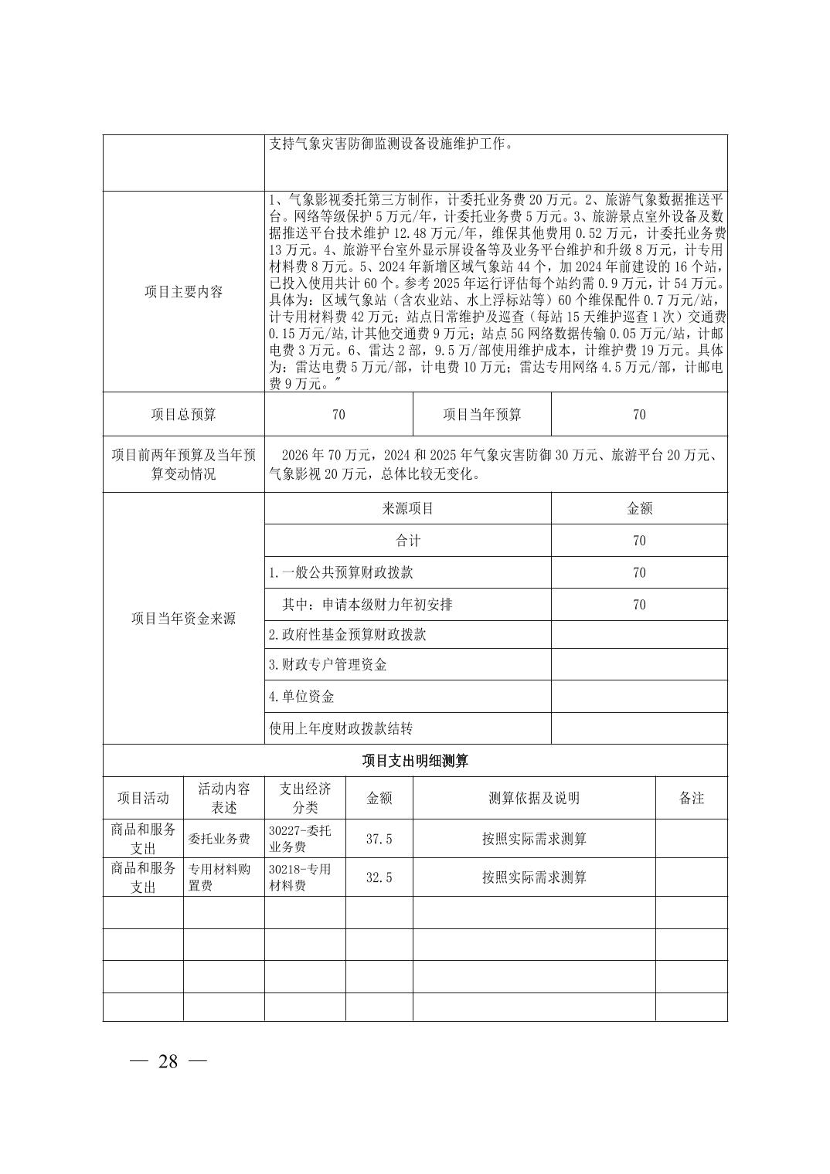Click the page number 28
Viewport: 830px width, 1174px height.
(168, 1061)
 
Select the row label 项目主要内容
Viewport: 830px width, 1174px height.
(183, 292)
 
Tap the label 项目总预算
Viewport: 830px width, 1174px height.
(183, 415)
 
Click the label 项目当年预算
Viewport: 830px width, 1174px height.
(481, 415)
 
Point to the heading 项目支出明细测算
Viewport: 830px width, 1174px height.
(415, 761)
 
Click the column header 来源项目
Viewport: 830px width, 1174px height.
(407, 508)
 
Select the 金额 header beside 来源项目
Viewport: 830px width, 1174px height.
(639, 508)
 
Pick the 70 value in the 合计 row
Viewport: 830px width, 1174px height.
(639, 541)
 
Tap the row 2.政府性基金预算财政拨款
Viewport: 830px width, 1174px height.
(347, 635)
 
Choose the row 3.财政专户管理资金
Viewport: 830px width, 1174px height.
(328, 665)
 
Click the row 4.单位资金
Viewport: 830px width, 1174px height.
(301, 697)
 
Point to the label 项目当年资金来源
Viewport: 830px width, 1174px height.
(183, 619)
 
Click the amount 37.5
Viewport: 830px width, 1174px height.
(379, 839)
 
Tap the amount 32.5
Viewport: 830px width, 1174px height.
(379, 877)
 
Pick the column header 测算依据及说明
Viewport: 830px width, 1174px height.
(534, 799)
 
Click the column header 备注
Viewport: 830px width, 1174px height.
(691, 799)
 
